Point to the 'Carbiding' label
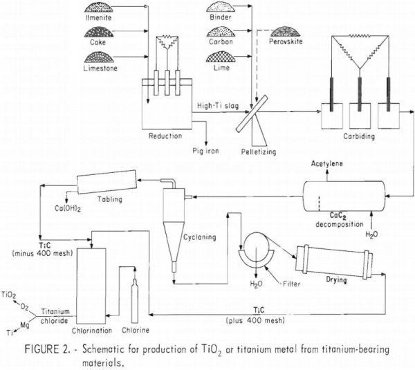pos(358,137)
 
